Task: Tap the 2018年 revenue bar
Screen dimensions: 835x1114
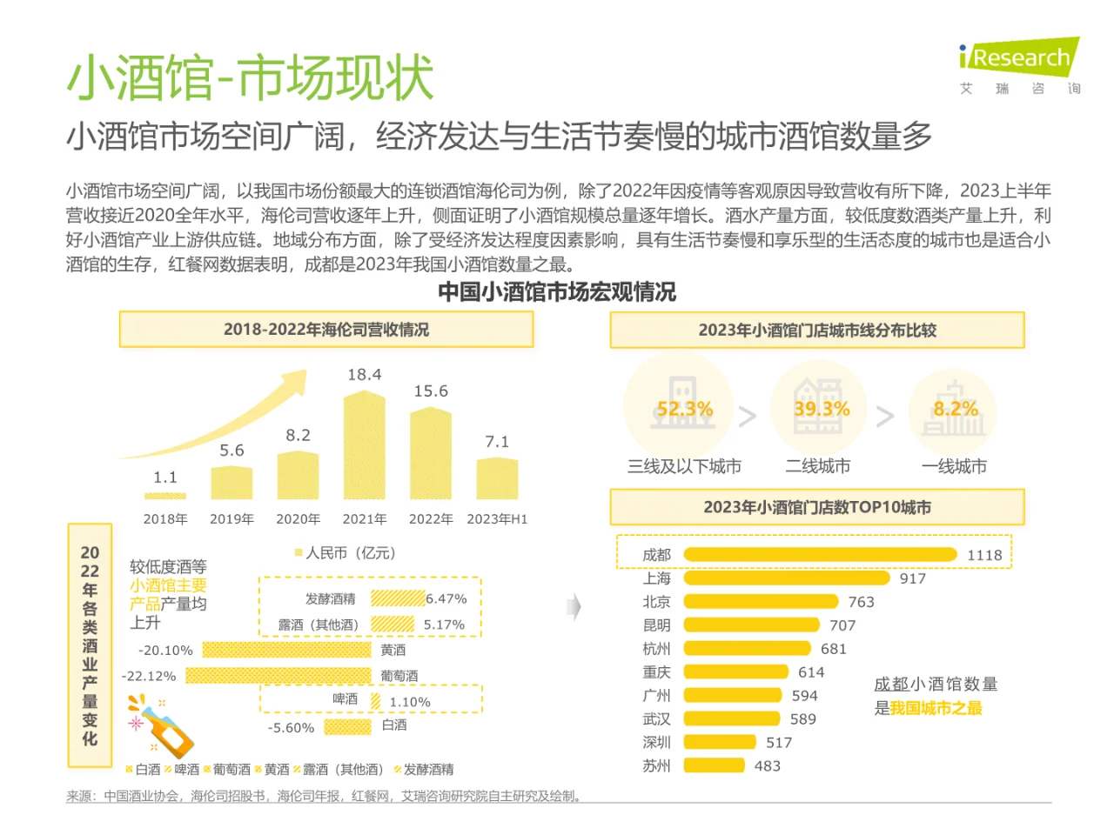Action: (165, 497)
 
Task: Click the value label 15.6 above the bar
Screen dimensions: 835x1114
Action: (431, 391)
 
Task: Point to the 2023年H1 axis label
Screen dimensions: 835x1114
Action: (497, 519)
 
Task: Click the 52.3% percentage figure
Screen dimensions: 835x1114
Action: (684, 409)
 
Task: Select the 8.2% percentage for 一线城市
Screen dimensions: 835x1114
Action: (956, 409)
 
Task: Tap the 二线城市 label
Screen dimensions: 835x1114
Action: (817, 467)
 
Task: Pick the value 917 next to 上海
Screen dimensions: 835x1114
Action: (912, 578)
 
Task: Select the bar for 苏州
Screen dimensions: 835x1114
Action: (715, 765)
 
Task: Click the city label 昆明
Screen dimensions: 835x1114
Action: (656, 625)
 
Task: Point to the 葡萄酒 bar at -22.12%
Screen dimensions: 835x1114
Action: (278, 676)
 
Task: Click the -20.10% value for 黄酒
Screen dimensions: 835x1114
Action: (165, 651)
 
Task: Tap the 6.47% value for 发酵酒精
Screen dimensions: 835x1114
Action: (446, 598)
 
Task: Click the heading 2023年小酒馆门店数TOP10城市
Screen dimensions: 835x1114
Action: (817, 507)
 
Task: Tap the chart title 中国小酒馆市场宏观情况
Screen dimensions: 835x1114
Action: (557, 292)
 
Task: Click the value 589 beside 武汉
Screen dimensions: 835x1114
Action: (802, 719)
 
